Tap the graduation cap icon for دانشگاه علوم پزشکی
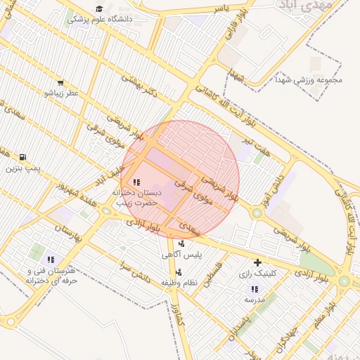[98, 9]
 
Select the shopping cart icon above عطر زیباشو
[60, 82]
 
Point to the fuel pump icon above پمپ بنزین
[23, 157]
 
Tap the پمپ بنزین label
[24, 168]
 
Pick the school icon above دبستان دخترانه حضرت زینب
[136, 182]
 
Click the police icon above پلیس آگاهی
[182, 244]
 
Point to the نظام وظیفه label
[179, 282]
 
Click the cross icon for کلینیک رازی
[258, 262]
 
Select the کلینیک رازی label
[258, 273]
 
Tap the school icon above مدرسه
[254, 289]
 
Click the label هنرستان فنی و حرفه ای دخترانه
[51, 275]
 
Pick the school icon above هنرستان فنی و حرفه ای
[51, 260]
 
